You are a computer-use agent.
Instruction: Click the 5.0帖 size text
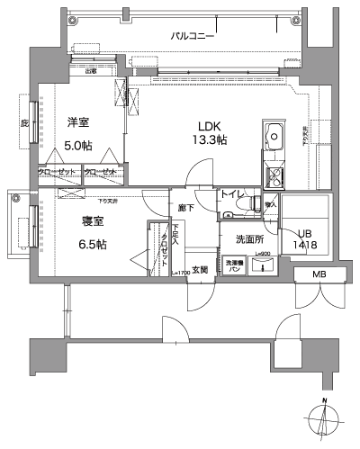(79, 145)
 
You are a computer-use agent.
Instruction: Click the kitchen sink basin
(273, 138)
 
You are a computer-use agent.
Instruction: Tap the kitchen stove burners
(273, 174)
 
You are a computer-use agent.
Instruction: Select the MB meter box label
(319, 274)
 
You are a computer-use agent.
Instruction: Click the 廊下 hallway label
(184, 208)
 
